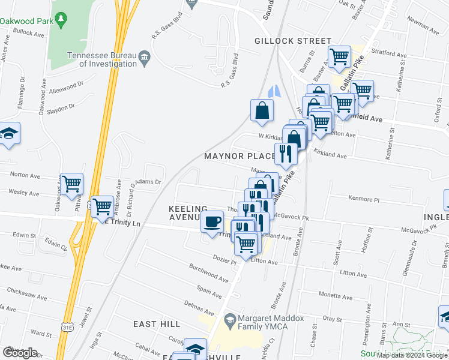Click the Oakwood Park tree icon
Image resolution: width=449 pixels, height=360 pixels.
pyautogui.click(x=61, y=21)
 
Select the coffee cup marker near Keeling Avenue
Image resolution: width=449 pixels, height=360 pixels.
pyautogui.click(x=211, y=222)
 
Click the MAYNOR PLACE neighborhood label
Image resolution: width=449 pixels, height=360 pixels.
pyautogui.click(x=240, y=156)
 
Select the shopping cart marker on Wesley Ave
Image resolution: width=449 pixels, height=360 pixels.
pyautogui.click(x=71, y=184)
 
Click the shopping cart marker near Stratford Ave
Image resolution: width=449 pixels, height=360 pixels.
pyautogui.click(x=340, y=57)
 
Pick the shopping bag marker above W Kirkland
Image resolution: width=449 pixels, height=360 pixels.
pyautogui.click(x=262, y=110)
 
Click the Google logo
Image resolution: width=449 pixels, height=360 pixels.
pyautogui.click(x=20, y=352)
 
